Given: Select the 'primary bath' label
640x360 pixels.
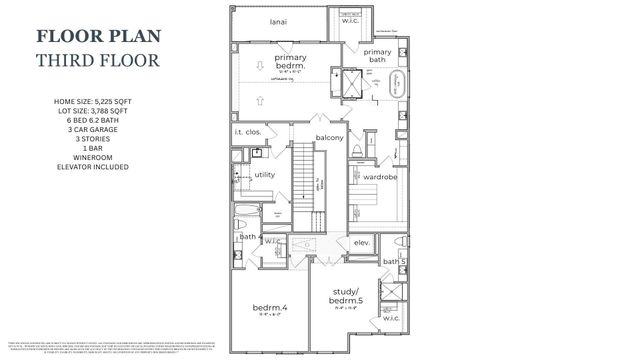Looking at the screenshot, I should click(x=377, y=56).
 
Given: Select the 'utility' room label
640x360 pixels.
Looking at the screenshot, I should click(x=265, y=174).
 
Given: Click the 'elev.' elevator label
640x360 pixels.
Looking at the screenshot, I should click(x=362, y=241).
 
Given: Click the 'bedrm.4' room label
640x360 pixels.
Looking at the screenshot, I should click(x=268, y=307).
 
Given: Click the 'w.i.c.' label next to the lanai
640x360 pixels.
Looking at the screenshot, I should click(x=350, y=19).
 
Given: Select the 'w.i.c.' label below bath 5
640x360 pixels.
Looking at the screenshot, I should click(x=391, y=319).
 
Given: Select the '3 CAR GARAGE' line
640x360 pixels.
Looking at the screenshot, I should click(x=103, y=129).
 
